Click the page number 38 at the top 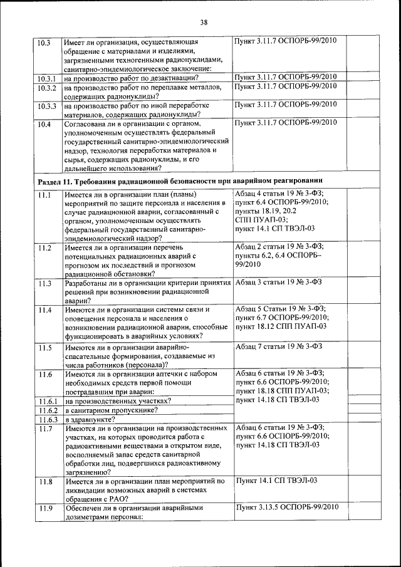pyautogui.click(x=203, y=23)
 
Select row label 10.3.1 pyautogui.click(x=46, y=78)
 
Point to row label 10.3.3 pyautogui.click(x=46, y=106)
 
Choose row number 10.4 pyautogui.click(x=43, y=124)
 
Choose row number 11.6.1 pyautogui.click(x=47, y=401)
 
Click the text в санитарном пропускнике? pyautogui.click(x=111, y=410)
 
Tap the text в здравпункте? pyautogui.click(x=90, y=419)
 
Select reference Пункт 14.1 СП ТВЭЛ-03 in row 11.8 pyautogui.click(x=276, y=481)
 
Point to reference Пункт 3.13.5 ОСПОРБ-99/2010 pyautogui.click(x=286, y=507)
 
